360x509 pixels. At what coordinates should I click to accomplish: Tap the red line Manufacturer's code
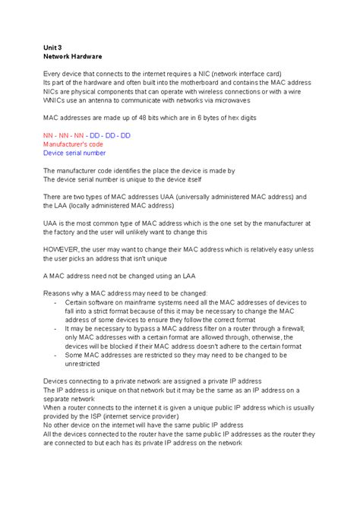pyautogui.click(x=73, y=144)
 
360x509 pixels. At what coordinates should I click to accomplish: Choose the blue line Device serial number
pyautogui.click(x=74, y=153)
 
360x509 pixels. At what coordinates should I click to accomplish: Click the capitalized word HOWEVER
pyautogui.click(x=62, y=248)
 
